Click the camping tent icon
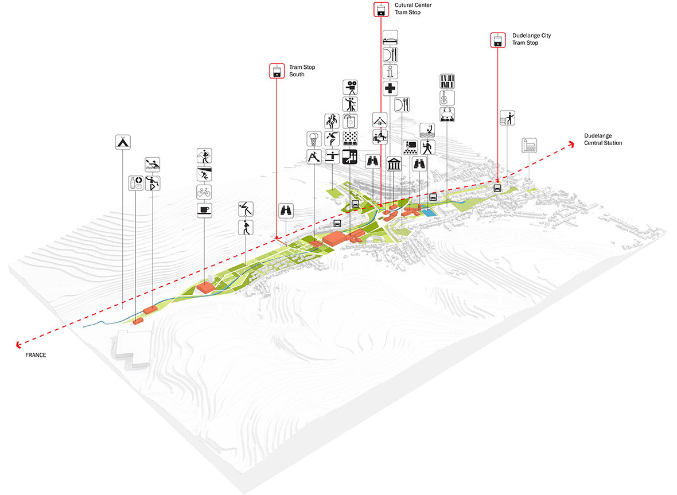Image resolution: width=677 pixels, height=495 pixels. tap(123, 142)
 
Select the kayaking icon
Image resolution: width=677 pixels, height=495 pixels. tap(153, 165)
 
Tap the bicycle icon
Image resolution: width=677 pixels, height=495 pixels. tap(204, 192)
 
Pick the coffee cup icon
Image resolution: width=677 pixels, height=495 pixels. tap(204, 210)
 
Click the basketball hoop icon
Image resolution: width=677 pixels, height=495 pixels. tap(314, 139)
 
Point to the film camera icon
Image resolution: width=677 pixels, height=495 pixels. tap(350, 87)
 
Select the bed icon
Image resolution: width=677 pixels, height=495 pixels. tap(390, 38)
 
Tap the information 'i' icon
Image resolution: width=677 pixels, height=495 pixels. tap(390, 72)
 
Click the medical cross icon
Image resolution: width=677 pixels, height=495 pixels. tap(390, 88)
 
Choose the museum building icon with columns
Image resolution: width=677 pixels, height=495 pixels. tap(394, 164)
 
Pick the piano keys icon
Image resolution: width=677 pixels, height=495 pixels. tap(448, 81)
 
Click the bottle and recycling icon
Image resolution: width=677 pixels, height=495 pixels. tap(136, 183)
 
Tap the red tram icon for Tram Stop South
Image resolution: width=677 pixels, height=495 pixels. tap(277, 71)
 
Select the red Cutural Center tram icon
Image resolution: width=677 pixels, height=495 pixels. tap(381, 10)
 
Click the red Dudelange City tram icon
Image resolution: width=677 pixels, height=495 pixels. tap(498, 40)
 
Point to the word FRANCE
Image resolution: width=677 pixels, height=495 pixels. tap(36, 354)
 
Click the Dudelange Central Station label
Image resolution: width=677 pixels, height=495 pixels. tap(603, 139)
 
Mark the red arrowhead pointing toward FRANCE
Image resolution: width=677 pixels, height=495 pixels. tap(18, 344)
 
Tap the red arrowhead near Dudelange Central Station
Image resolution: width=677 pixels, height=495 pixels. tap(571, 144)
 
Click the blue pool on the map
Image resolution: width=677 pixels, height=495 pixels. tap(427, 212)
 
